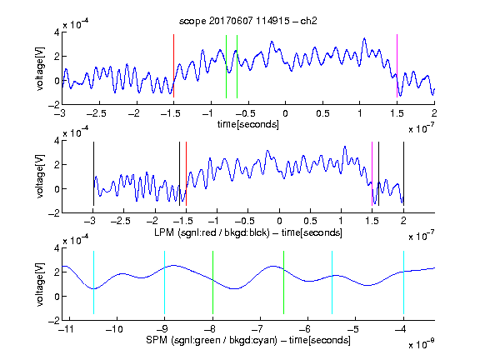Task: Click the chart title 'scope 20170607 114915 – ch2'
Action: pos(248,21)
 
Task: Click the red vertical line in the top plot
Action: pos(173,66)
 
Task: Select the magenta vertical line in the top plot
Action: pos(397,66)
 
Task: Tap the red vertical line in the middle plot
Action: pos(186,173)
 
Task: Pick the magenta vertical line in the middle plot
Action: pos(372,173)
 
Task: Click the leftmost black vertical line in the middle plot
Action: pos(93,173)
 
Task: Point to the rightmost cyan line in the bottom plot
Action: pos(403,282)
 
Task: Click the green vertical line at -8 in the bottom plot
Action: pos(212,282)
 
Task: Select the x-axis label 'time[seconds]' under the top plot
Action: pos(248,124)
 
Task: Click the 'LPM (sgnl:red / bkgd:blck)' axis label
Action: pos(212,232)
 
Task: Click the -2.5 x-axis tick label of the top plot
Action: pos(97,113)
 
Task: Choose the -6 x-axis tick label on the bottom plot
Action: pos(305,329)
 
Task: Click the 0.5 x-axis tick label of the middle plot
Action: pos(310,221)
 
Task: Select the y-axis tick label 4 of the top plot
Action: pos(57,32)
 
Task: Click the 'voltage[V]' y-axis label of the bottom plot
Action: pos(40,284)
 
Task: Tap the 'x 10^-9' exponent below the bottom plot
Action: pos(421,344)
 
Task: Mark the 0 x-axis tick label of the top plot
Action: pos(285,113)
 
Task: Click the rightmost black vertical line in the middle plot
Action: pos(403,173)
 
